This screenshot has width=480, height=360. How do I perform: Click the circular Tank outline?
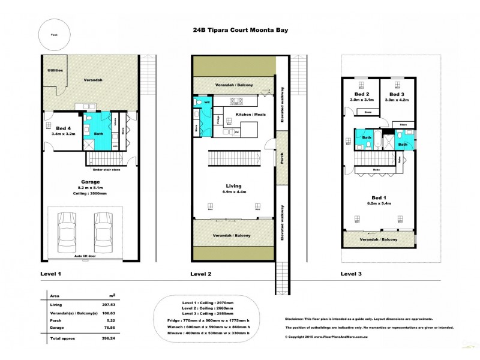pos(55,35)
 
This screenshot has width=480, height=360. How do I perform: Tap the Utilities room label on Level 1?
pos(55,71)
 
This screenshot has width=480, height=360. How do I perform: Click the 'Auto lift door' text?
pos(86,256)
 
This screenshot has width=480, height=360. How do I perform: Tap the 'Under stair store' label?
pos(107,170)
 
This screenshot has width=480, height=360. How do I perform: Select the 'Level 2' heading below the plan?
pos(202,274)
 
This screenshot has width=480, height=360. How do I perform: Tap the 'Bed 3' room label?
pos(395,95)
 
